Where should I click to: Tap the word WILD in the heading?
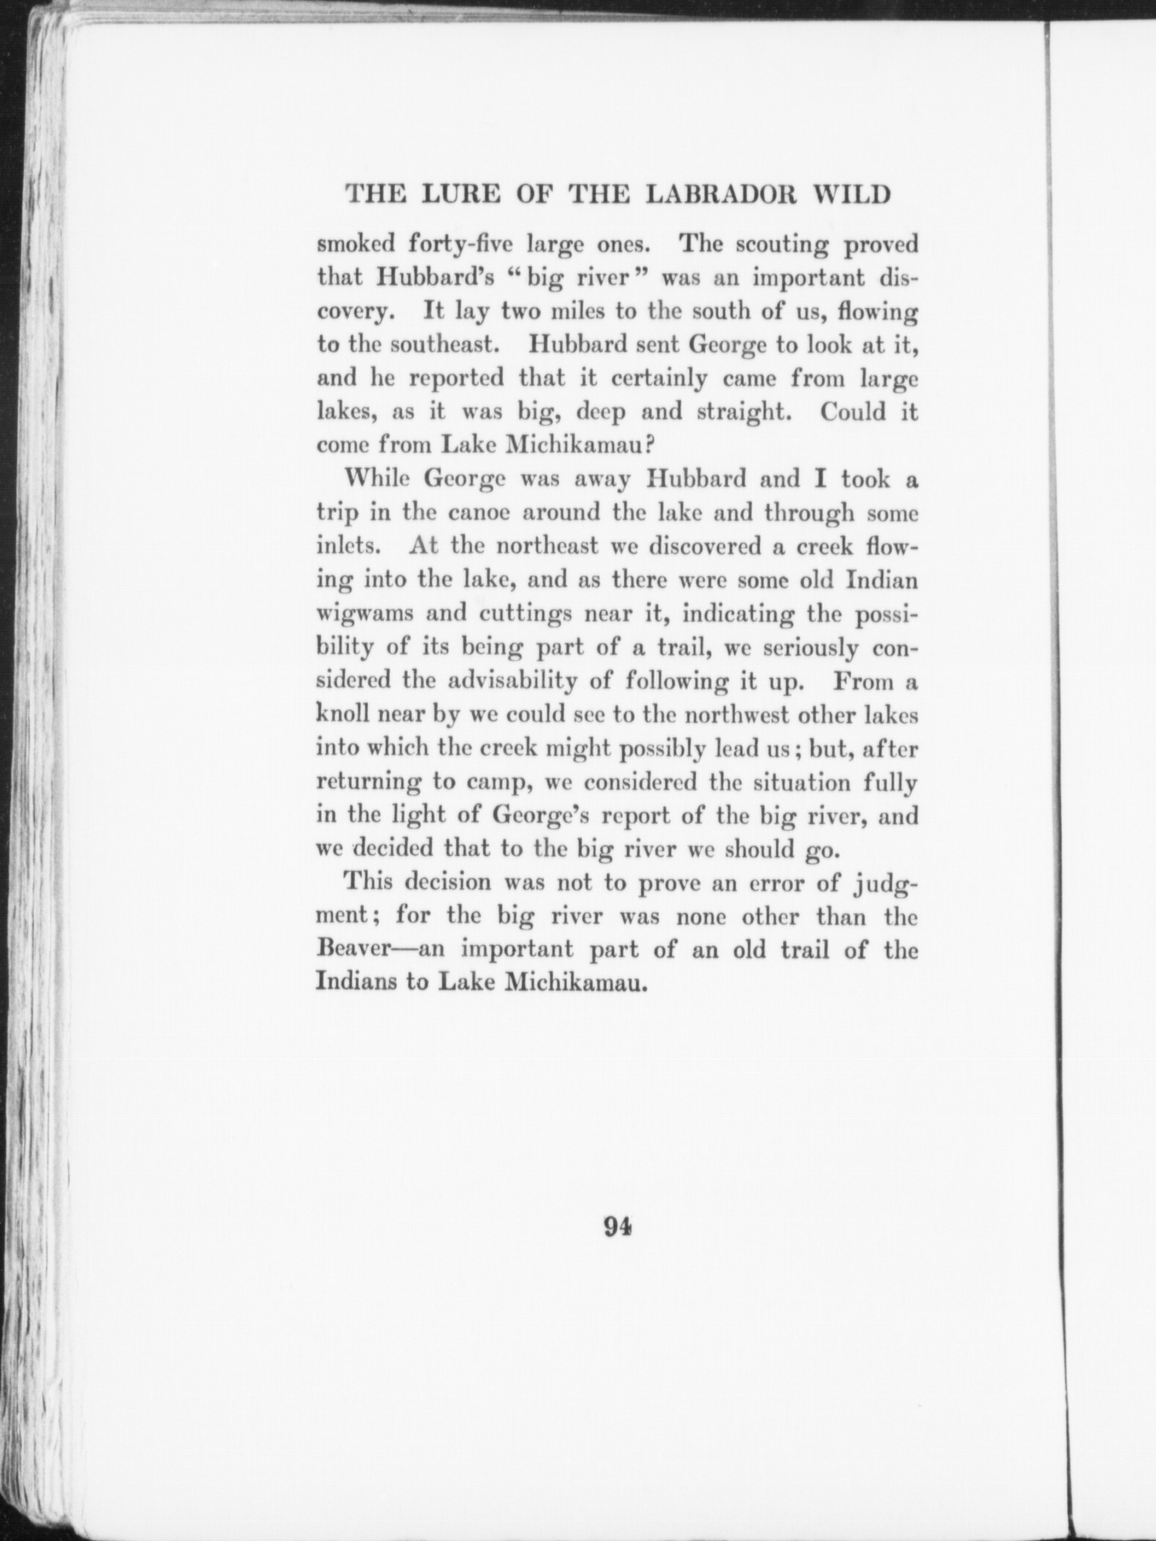coord(851,195)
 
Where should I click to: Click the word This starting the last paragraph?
coord(367,883)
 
